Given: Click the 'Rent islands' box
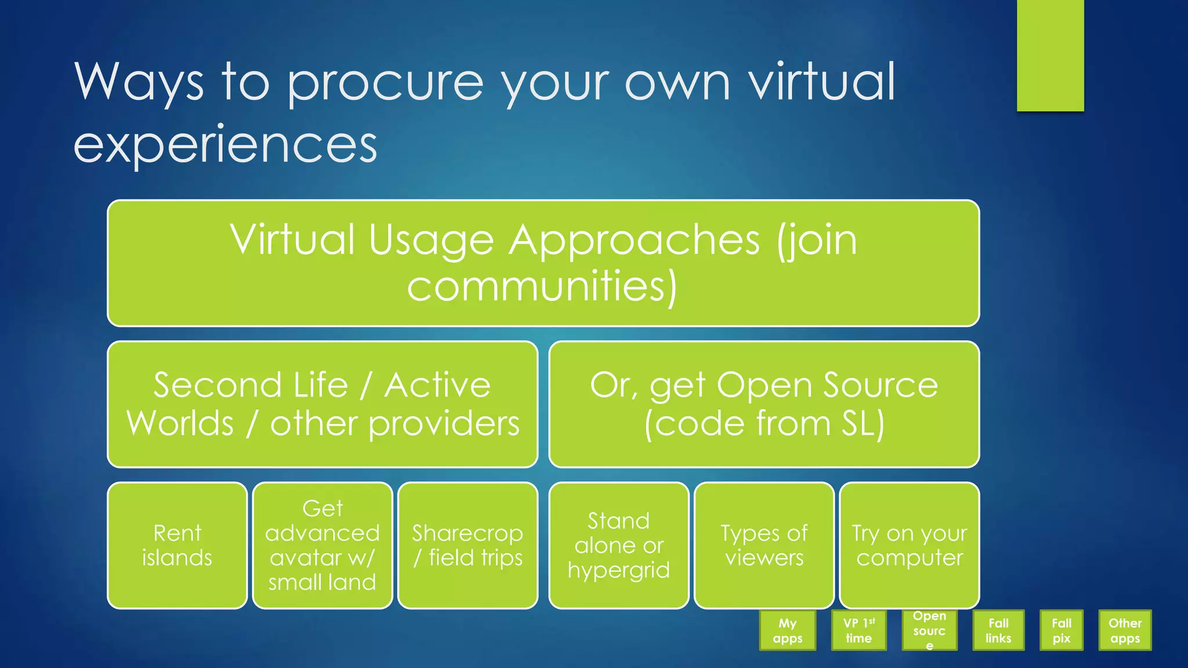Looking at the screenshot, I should coord(177,545).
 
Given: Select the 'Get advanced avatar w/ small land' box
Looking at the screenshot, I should coord(323,545).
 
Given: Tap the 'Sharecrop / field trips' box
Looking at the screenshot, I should coord(468,545).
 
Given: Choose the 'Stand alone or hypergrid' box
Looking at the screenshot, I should coord(619,545).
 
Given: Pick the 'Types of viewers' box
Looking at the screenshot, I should coord(764,545).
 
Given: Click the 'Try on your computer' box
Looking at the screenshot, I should coord(909,545).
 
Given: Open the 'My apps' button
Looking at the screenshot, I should coord(787,630).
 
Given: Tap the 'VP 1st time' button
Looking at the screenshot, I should coord(859,630).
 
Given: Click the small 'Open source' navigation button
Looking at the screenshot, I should coord(929,630).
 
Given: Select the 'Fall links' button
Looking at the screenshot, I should coord(998,630).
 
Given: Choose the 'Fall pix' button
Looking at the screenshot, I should coord(1061,630).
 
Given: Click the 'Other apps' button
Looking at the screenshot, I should coord(1125,630).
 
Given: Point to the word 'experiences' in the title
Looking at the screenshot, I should coord(225,144).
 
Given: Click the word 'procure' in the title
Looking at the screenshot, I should coord(385,83).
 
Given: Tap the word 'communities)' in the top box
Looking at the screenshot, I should coord(542,286).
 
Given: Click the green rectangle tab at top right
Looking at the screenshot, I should coord(1050,55).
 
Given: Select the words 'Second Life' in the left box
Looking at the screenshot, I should coord(251,385).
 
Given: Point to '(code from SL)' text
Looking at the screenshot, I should coord(764,423).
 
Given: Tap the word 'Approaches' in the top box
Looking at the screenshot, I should coord(634,239).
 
